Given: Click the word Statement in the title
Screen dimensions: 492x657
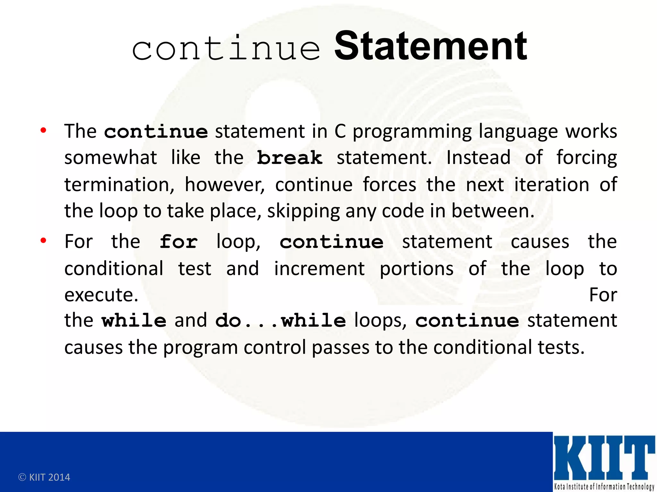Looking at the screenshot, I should (x=431, y=46).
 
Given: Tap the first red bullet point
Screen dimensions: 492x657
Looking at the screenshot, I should (x=43, y=130).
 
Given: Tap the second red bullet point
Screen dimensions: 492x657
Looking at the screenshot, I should (x=43, y=240).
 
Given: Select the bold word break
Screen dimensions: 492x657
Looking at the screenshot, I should (x=290, y=158).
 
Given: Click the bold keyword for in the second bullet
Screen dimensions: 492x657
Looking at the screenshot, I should (x=179, y=242).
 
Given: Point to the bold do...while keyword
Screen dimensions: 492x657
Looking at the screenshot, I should (x=280, y=321).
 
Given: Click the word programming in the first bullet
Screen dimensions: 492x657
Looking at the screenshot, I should (x=412, y=132).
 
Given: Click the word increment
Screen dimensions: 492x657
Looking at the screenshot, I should (x=319, y=268).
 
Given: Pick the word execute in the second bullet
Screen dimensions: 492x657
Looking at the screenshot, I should (x=101, y=295).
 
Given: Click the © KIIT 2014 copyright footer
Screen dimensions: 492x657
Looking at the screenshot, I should (x=44, y=477).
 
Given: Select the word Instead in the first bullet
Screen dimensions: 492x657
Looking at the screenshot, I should (x=478, y=158).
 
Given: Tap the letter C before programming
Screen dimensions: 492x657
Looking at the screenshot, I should (x=340, y=131).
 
